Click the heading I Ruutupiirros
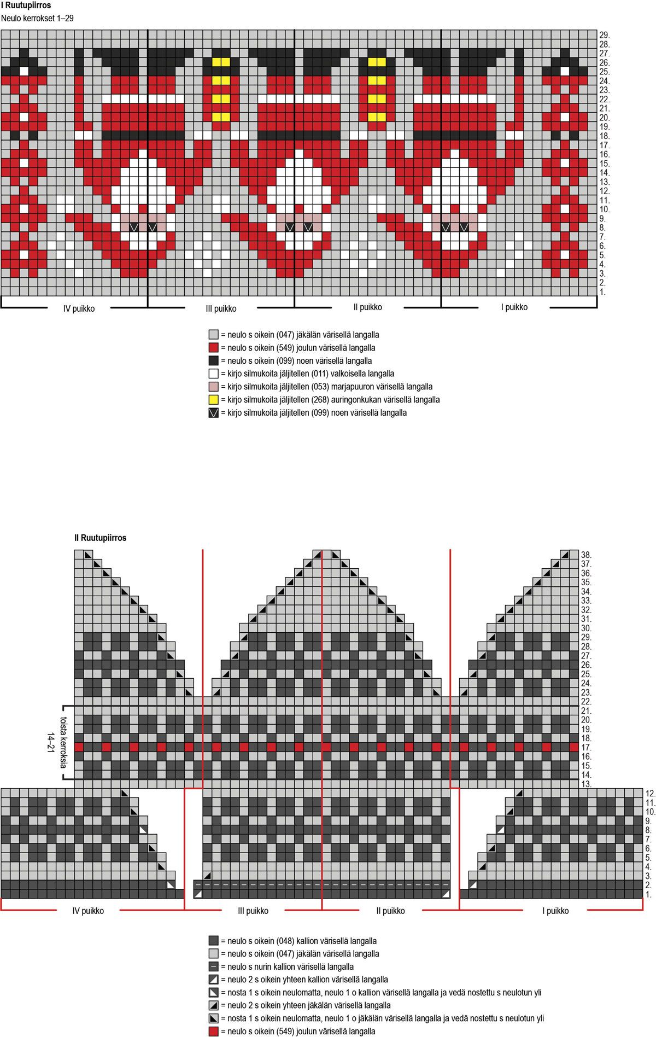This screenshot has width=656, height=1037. click(26, 6)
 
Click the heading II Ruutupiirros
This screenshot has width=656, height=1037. click(100, 538)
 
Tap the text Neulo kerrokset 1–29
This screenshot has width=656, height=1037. click(37, 18)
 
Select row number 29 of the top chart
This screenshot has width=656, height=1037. click(604, 35)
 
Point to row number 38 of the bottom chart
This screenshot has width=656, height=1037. click(586, 555)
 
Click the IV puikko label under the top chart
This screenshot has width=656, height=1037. click(79, 308)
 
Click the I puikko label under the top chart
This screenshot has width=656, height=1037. click(514, 307)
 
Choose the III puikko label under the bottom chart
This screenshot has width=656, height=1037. click(253, 911)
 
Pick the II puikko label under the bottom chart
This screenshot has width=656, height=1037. click(390, 911)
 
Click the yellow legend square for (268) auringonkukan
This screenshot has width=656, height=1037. click(214, 400)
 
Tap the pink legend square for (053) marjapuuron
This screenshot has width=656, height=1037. click(214, 387)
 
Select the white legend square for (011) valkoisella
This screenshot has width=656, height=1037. click(214, 374)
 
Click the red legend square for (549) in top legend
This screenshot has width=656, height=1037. click(214, 348)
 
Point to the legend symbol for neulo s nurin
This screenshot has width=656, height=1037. click(214, 966)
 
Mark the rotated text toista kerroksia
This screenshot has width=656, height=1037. click(64, 740)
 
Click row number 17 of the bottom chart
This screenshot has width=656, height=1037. click(586, 747)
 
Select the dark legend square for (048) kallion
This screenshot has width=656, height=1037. click(214, 941)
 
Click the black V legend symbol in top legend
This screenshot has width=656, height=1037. click(214, 413)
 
